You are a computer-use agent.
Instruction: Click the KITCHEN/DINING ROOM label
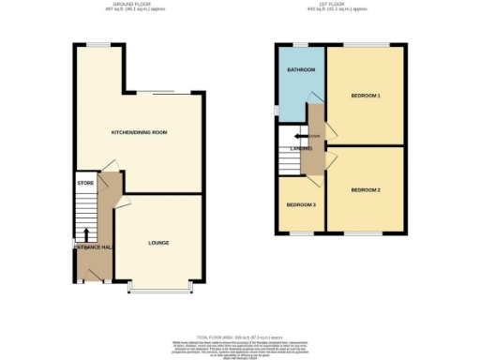click(x=139, y=133)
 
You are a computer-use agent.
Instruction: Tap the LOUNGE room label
click(x=157, y=243)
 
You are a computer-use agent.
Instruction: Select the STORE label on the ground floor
click(x=86, y=183)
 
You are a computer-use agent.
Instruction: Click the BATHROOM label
click(x=301, y=70)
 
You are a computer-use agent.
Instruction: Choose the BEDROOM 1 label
click(x=366, y=96)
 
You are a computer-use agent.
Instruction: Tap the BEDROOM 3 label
click(x=300, y=204)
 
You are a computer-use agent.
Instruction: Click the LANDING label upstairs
click(x=302, y=148)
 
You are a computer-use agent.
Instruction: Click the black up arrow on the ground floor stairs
click(x=87, y=234)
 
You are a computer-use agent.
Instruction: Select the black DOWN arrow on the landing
click(x=311, y=136)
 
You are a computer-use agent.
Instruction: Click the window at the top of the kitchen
click(x=97, y=45)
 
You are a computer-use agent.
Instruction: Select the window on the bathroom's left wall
click(x=277, y=108)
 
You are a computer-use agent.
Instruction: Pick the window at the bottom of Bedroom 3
click(x=301, y=232)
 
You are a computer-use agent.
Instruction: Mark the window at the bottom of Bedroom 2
click(x=367, y=232)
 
